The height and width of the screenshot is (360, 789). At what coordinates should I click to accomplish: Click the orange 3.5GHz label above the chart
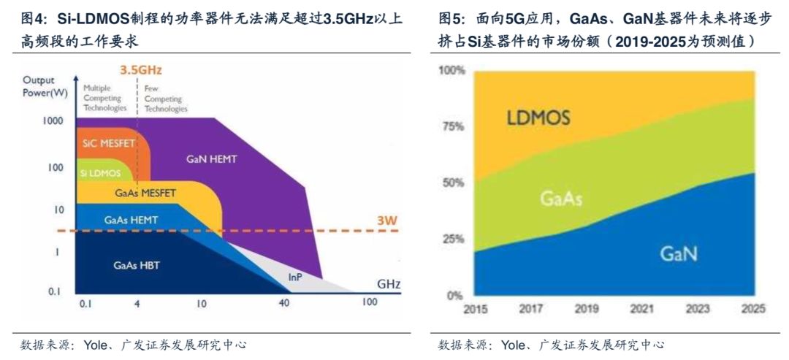[140, 70]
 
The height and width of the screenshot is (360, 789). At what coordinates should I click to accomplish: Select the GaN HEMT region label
[211, 159]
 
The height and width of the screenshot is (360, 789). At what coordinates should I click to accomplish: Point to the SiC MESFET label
[108, 143]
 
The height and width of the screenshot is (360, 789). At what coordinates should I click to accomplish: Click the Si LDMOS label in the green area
[101, 174]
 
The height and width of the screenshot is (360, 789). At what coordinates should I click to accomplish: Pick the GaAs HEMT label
[131, 220]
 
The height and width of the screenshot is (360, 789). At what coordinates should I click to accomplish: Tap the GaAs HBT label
[137, 265]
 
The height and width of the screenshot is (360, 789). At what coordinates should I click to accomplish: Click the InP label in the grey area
[295, 277]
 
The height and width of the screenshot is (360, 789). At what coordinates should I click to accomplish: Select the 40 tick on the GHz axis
[284, 304]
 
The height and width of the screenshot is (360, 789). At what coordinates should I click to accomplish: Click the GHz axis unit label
[389, 284]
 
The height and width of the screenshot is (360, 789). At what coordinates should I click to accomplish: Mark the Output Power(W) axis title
[45, 87]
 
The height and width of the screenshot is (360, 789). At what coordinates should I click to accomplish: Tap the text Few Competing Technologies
[166, 99]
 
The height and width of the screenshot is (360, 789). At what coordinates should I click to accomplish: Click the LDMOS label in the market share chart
[538, 118]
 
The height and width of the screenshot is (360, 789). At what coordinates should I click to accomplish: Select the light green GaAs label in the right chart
[561, 199]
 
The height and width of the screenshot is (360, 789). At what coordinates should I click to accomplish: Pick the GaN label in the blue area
[679, 253]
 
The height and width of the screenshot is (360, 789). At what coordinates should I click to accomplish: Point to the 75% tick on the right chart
[452, 126]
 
